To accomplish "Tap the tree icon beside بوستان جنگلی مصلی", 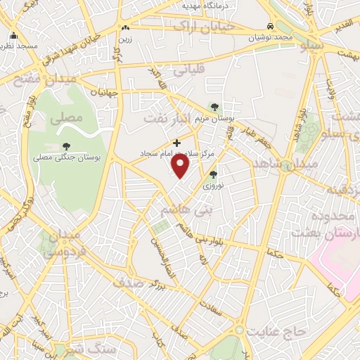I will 66,146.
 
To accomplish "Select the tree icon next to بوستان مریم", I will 214,107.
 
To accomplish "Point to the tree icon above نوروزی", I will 213,174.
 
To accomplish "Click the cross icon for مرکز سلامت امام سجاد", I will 176,143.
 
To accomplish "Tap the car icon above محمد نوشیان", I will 270,26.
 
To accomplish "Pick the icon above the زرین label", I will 125,27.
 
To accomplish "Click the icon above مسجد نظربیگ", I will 14,35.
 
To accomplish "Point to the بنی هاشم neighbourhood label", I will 186,209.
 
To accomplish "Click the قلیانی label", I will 193,70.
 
